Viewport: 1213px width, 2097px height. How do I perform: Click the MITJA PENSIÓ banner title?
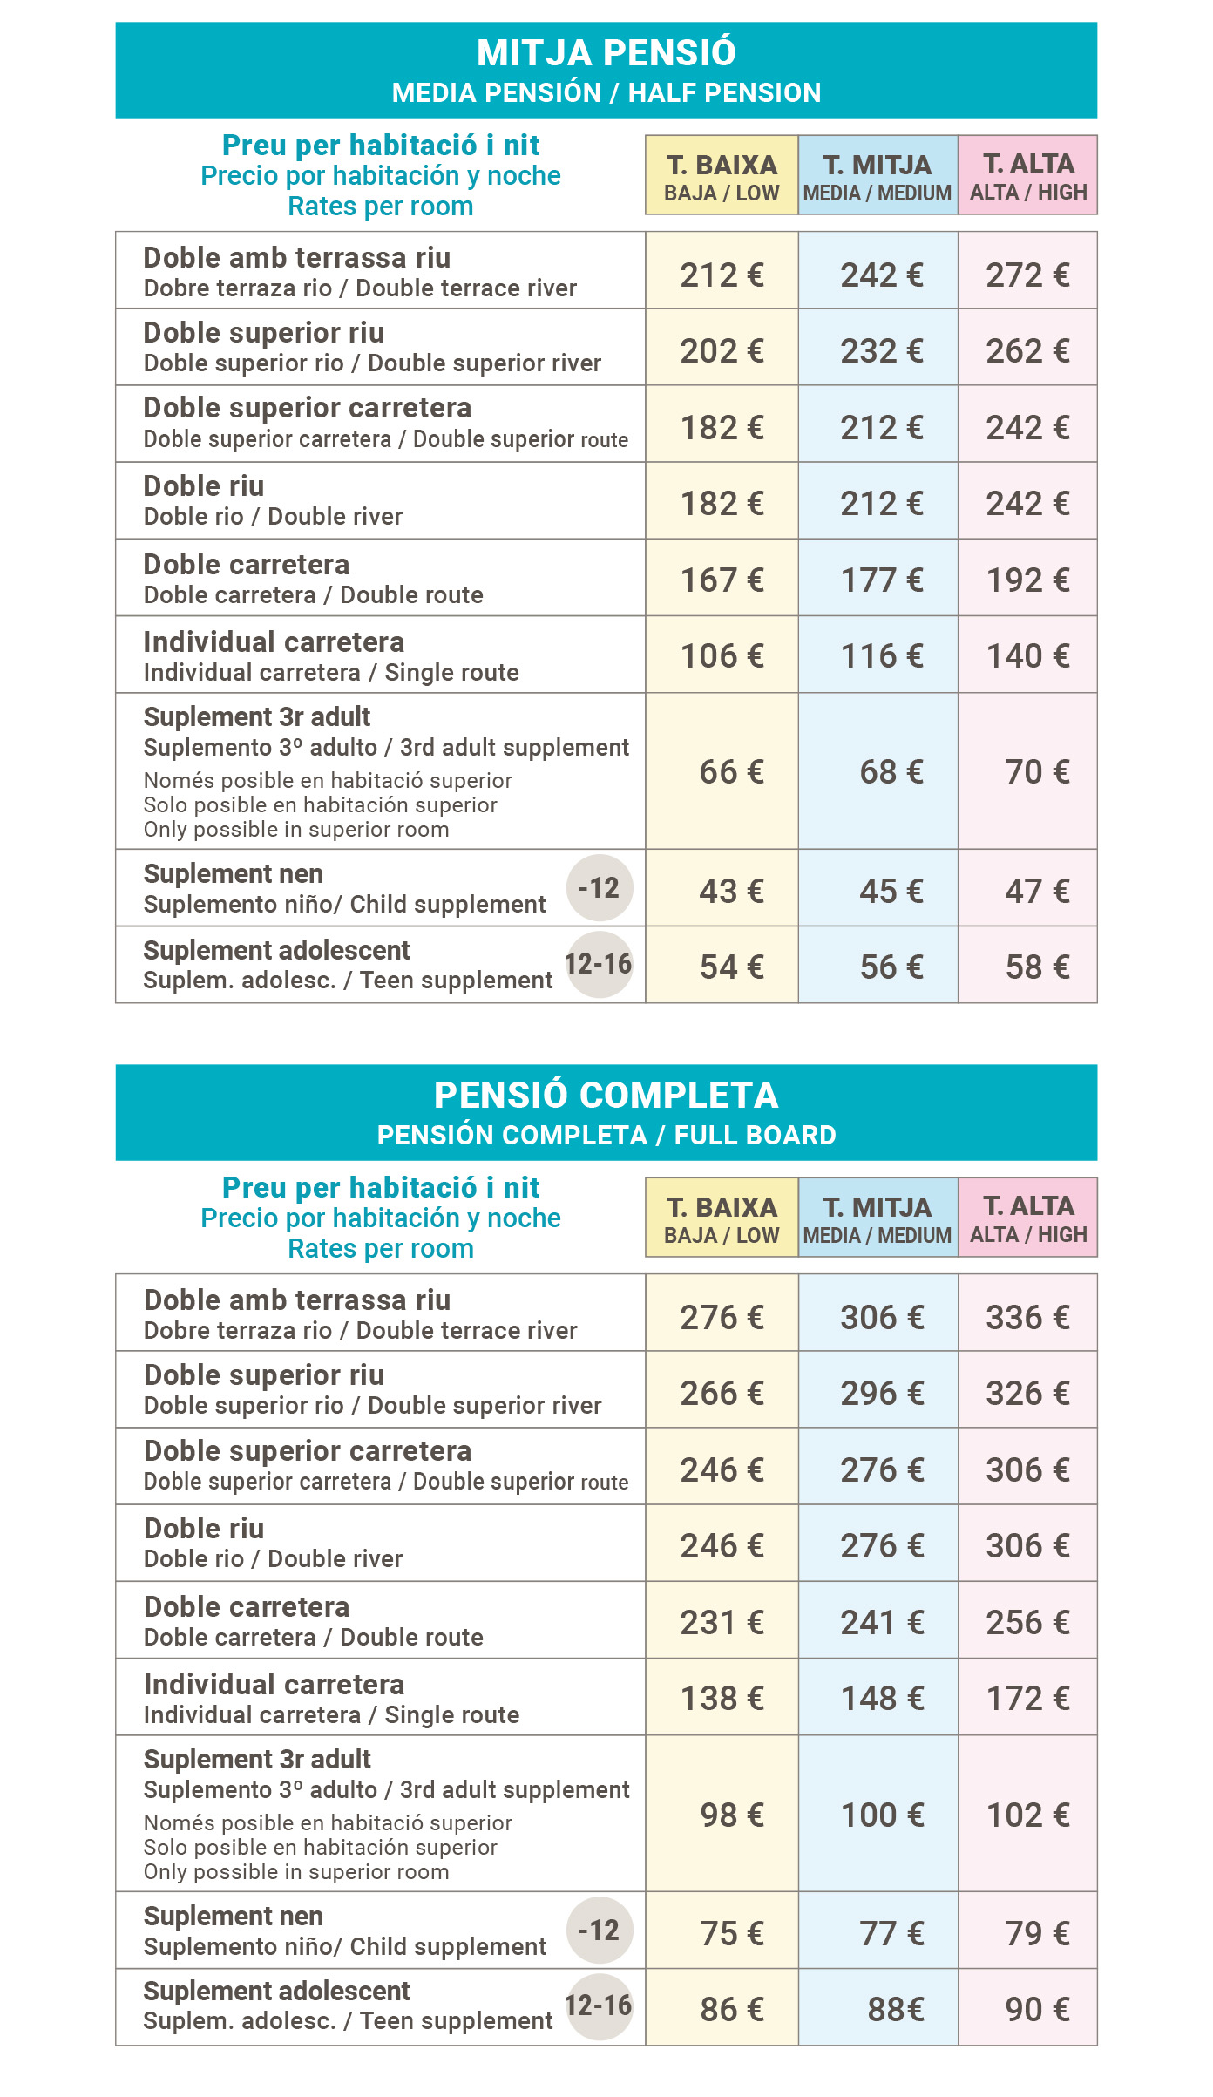(x=606, y=53)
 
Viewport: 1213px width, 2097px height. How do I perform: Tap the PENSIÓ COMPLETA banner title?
(x=606, y=1096)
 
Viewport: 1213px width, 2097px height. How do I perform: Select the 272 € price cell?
(x=1027, y=275)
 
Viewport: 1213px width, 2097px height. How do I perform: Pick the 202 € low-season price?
(x=722, y=351)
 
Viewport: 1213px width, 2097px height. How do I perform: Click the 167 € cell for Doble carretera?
(x=722, y=580)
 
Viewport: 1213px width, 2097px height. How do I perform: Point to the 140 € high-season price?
(x=1027, y=656)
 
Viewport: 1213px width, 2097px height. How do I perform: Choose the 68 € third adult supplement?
(x=891, y=772)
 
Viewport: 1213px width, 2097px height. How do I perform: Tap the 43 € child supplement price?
(x=731, y=892)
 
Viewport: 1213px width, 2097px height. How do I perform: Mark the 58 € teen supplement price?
(x=1037, y=967)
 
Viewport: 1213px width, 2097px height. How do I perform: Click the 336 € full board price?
(x=1027, y=1318)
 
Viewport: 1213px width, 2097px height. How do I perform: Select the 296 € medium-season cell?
(x=881, y=1394)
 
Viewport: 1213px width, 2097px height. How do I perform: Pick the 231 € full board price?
(x=722, y=1623)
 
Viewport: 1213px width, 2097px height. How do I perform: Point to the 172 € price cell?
(x=1027, y=1699)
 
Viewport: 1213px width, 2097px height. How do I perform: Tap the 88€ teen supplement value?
(x=895, y=2010)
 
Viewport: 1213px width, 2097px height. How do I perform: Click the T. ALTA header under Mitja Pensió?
(x=1028, y=175)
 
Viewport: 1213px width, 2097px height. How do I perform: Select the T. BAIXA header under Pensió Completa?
(x=722, y=1218)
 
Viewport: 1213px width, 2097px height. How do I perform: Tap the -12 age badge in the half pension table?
(x=600, y=888)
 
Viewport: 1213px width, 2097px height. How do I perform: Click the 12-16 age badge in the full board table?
(x=599, y=2006)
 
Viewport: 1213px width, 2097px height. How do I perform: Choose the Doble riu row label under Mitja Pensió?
(x=204, y=486)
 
